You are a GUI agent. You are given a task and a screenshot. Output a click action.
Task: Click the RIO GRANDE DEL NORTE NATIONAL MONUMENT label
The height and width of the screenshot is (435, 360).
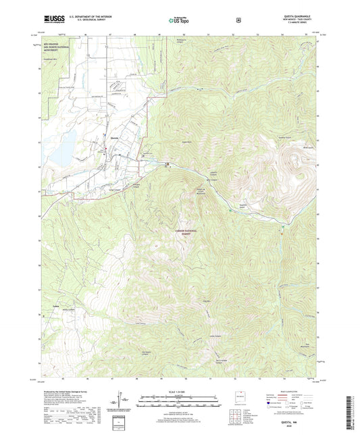pos(51,48)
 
